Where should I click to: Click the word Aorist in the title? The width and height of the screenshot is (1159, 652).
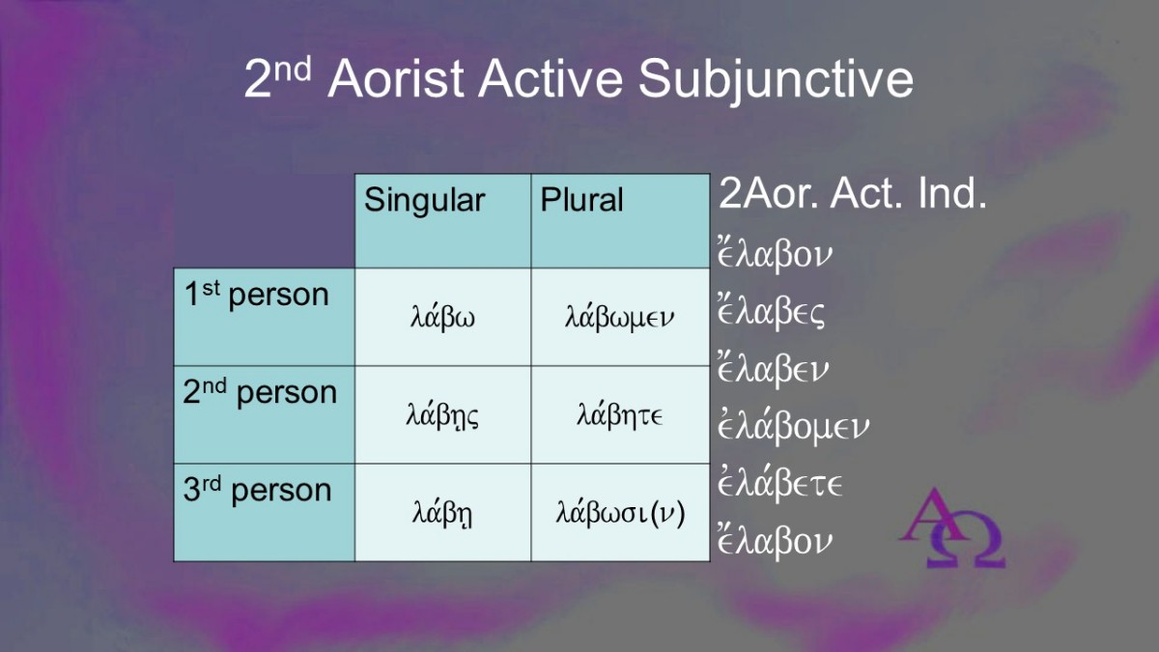[396, 77]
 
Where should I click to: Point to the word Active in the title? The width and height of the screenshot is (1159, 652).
[551, 77]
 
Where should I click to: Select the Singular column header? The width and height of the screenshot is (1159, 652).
[424, 200]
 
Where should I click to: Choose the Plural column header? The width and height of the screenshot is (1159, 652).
[581, 199]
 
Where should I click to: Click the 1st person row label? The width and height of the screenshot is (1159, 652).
[257, 295]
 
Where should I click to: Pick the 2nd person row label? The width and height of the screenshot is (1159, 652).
[260, 392]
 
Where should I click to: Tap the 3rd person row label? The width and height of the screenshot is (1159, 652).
[257, 490]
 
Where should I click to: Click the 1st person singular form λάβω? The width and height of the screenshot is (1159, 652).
[442, 317]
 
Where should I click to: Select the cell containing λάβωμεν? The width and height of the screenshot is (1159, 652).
[620, 317]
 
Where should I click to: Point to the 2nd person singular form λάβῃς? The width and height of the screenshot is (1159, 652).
[442, 415]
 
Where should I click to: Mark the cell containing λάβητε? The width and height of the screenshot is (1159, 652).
[620, 414]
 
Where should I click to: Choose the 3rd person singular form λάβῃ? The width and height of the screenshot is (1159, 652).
[442, 513]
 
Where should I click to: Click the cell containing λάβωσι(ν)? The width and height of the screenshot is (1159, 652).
[620, 513]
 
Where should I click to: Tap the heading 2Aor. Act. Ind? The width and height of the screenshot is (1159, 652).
[853, 193]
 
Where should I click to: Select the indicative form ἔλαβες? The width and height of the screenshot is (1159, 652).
[771, 310]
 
